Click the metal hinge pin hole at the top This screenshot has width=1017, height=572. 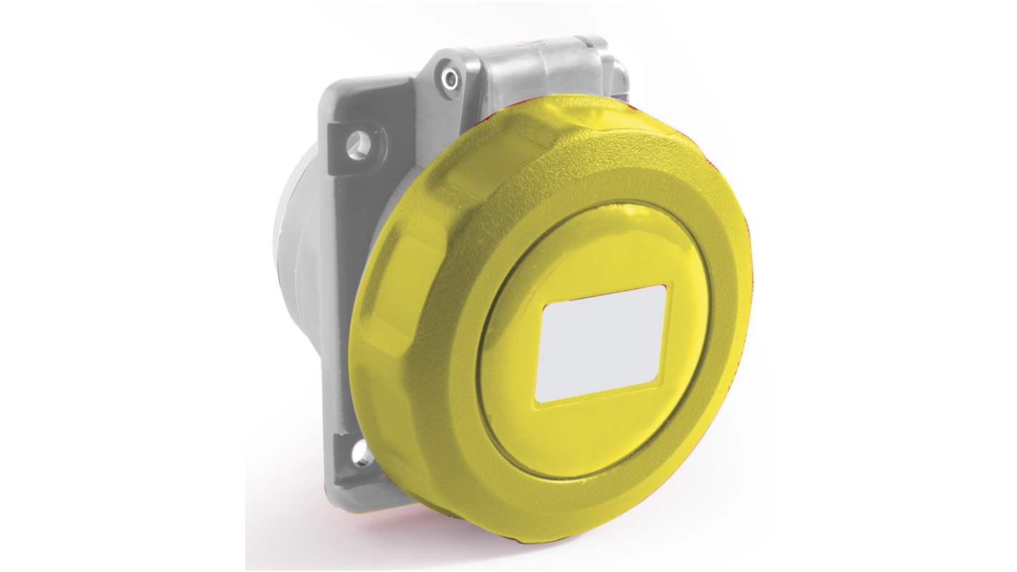pos(449,79)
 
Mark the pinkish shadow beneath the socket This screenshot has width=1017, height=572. pos(401,530)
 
